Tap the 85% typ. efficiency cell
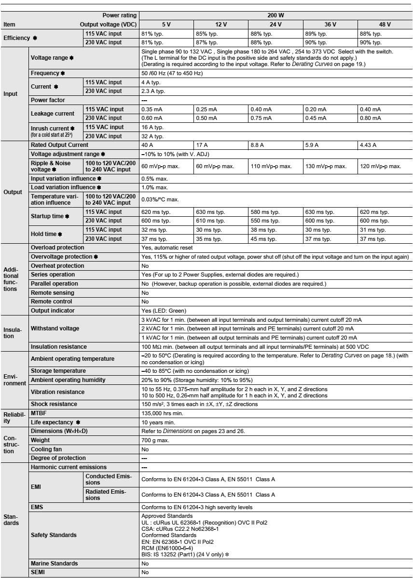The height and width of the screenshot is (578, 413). (206, 34)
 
